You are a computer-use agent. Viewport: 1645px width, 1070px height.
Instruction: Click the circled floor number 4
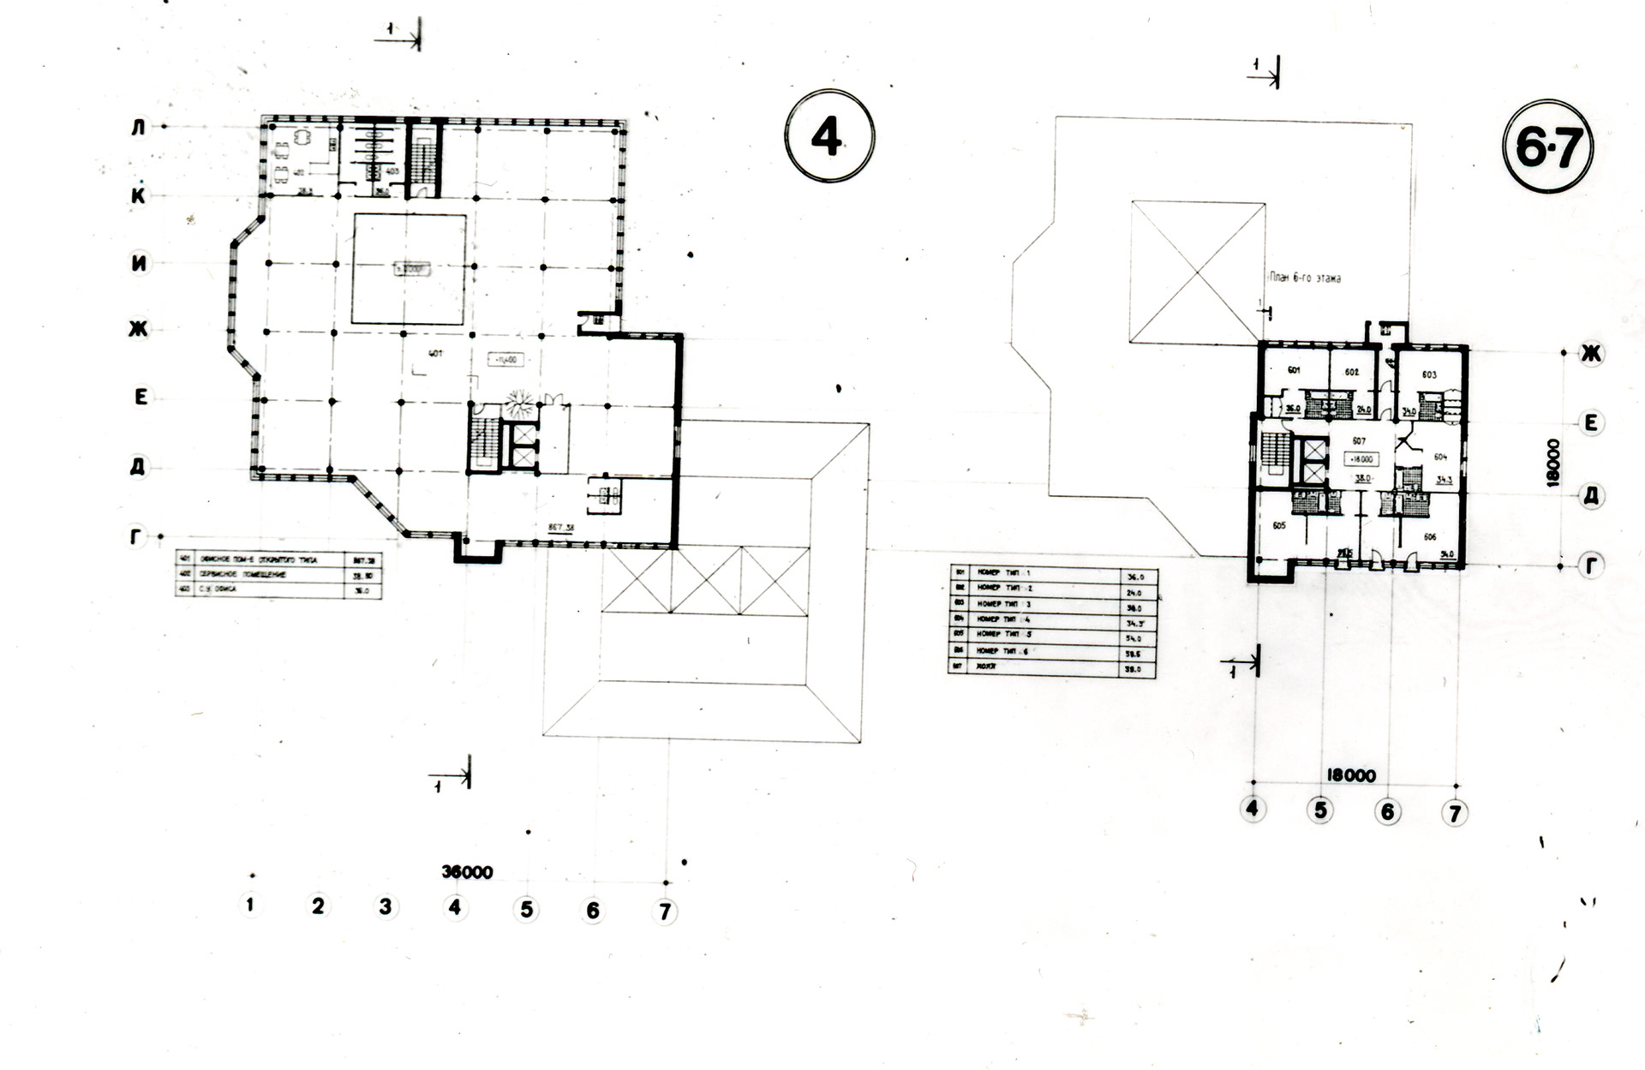click(828, 138)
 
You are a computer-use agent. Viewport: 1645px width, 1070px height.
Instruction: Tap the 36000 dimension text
click(467, 872)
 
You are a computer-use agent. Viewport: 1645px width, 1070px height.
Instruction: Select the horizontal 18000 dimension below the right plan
click(1351, 775)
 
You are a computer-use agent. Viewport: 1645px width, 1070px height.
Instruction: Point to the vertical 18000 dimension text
click(1553, 463)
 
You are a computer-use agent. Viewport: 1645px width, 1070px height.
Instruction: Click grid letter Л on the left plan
click(139, 128)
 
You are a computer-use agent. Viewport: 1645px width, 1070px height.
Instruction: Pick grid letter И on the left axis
click(139, 264)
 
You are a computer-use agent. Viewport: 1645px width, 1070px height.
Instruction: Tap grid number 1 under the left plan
click(249, 905)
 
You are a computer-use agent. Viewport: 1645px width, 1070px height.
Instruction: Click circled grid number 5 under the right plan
click(1320, 810)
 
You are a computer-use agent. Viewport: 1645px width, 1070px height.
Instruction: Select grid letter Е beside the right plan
click(1591, 423)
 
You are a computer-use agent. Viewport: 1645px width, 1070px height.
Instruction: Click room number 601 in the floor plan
click(1295, 371)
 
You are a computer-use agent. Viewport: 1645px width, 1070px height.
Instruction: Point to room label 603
click(1429, 374)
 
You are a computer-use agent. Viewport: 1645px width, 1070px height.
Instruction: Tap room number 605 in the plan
click(1279, 525)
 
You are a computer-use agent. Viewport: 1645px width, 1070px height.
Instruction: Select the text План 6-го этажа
click(1305, 278)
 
